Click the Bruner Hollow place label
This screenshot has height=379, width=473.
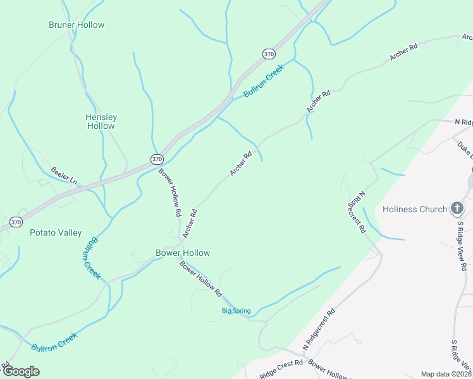(x=77, y=25)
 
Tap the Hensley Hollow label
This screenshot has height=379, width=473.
(x=101, y=121)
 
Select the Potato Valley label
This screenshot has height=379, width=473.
(x=56, y=232)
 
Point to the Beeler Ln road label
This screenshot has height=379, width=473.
(x=64, y=175)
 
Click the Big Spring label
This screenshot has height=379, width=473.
(x=236, y=311)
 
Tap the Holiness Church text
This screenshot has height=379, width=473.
(x=415, y=209)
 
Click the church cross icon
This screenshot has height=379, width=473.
(x=457, y=208)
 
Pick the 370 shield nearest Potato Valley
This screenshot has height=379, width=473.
(x=16, y=222)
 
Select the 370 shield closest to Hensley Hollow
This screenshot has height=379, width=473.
(x=157, y=159)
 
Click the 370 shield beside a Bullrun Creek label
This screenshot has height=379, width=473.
(x=269, y=54)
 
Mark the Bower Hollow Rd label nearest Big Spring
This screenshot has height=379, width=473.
(x=201, y=280)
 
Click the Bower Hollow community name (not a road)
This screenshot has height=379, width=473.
(x=183, y=253)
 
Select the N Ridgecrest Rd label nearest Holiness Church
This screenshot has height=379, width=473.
(x=357, y=212)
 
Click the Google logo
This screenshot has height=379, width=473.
(x=21, y=371)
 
